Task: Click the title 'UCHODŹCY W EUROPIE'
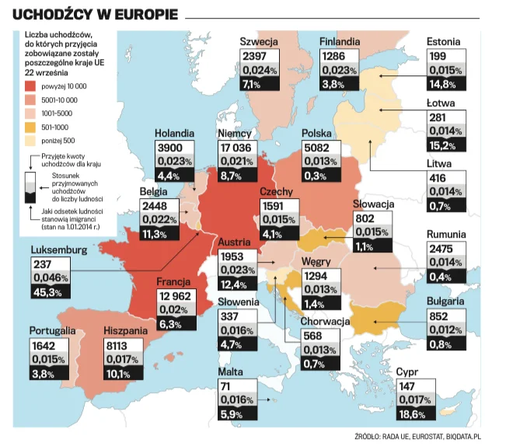point(95,15)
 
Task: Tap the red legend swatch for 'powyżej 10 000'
point(30,86)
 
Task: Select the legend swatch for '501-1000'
point(30,127)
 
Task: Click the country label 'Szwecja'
point(259,42)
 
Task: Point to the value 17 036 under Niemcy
point(236,148)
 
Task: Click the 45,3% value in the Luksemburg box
point(47,292)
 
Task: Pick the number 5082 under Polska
point(317,148)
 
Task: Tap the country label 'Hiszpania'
point(126,330)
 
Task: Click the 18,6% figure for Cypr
point(412,414)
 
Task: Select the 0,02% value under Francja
point(173,309)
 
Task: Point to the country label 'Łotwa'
point(441,103)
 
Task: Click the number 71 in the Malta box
point(225,386)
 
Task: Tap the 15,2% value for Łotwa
point(442,146)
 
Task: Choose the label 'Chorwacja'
point(325,321)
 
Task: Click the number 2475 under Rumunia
point(441,249)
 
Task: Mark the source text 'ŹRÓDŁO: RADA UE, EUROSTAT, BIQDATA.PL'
point(417,437)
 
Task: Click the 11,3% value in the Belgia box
point(154,234)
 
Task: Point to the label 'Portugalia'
point(53,330)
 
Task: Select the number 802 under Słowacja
point(365,218)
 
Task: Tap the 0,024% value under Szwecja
point(260,70)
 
